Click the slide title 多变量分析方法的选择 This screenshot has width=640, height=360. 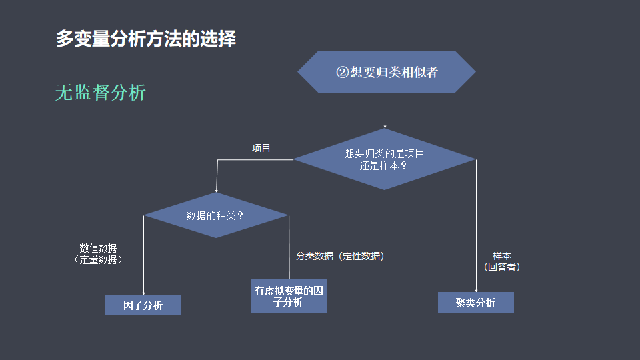pos(145,39)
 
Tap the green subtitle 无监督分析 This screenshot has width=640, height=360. pos(100,93)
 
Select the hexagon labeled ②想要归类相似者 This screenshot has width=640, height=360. pos(386,72)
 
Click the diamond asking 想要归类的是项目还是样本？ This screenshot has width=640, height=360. pos(385,159)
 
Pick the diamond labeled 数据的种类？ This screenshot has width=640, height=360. pos(215,215)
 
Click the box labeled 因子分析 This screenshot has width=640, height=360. pos(143,305)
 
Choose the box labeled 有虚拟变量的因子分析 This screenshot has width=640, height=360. pos(289,296)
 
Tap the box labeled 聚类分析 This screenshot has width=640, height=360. pos(475,303)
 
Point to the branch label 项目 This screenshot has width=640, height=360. pos(261,148)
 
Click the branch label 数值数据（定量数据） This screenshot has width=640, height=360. pos(98,254)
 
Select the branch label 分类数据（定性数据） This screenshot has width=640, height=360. pos(340,256)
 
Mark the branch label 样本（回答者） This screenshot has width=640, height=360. pos(502,261)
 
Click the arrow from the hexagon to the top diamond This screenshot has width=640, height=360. pos(385,113)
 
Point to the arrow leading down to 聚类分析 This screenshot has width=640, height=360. pos(476,227)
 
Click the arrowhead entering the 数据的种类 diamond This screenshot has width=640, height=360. pos(217,190)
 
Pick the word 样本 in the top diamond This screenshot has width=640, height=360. pos(388,165)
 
